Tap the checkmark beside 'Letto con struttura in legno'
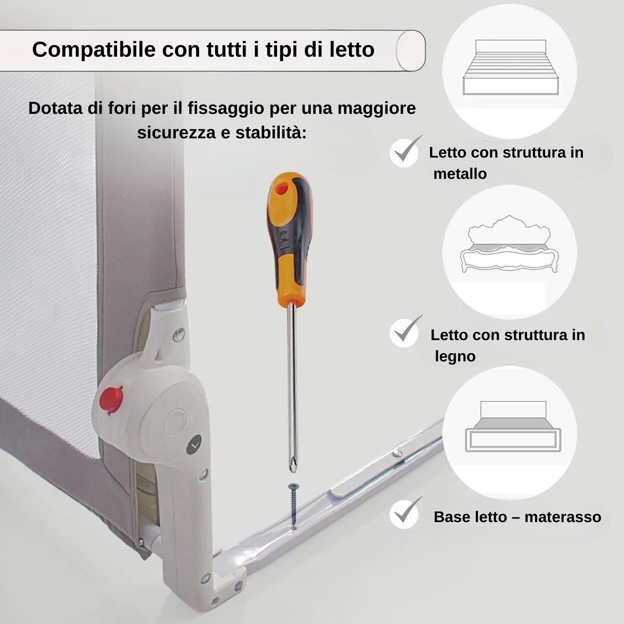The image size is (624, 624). pyautogui.click(x=405, y=331)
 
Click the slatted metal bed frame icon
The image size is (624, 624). pyautogui.click(x=511, y=67)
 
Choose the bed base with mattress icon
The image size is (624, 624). pyautogui.click(x=513, y=426)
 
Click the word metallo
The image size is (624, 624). pyautogui.click(x=460, y=174)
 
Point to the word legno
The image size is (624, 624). pyautogui.click(x=455, y=357)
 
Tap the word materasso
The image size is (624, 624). pyautogui.click(x=563, y=517)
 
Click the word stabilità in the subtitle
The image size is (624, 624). pyautogui.click(x=271, y=133)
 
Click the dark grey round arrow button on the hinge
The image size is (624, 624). pyautogui.click(x=194, y=446)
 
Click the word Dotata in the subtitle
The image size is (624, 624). pyautogui.click(x=56, y=108)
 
